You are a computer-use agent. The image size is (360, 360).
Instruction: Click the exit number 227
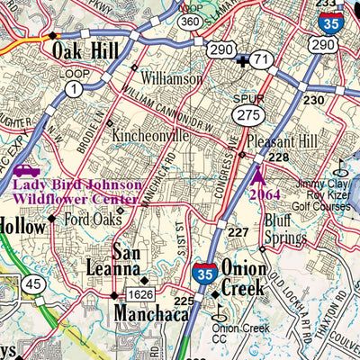pos(238,233)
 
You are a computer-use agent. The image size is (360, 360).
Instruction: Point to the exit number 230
pos(312,100)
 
